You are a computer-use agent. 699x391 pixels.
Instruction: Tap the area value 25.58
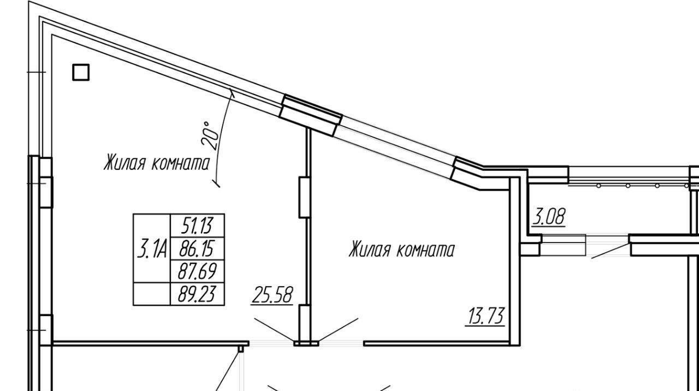click(272, 295)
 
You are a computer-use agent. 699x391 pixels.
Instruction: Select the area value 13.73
click(485, 316)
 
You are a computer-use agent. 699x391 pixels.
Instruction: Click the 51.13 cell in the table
click(197, 226)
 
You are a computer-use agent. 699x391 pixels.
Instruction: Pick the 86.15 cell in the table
click(197, 248)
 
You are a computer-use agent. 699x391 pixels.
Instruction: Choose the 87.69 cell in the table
click(197, 271)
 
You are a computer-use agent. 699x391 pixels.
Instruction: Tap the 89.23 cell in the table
click(197, 294)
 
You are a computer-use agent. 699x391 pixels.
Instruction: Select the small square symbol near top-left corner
click(81, 73)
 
